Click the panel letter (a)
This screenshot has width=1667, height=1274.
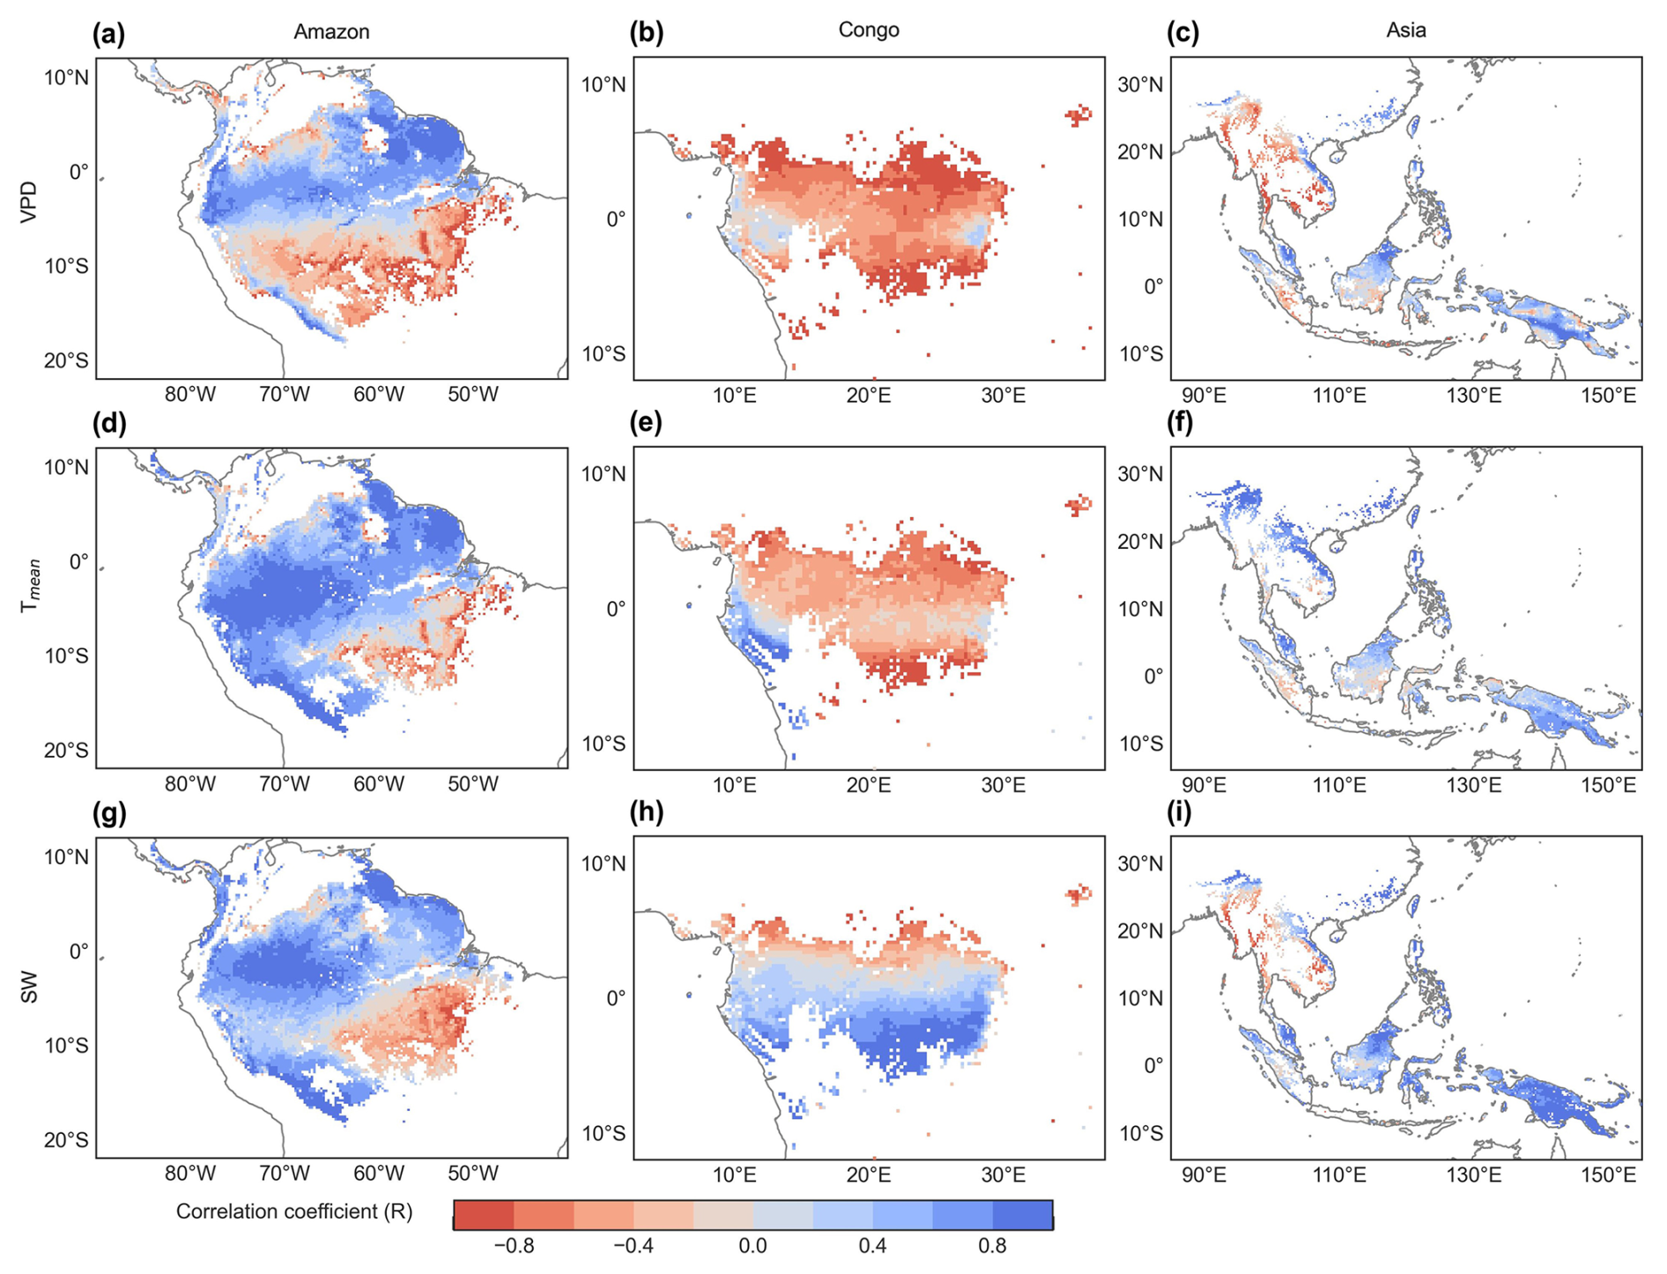[x=108, y=34]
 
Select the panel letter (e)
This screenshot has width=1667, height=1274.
[x=646, y=424]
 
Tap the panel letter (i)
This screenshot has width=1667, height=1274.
[x=1179, y=812]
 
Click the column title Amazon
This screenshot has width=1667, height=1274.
[x=331, y=32]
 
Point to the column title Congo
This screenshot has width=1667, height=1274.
[x=869, y=30]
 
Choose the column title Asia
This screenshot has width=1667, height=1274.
[x=1406, y=30]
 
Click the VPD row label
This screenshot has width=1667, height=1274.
[x=29, y=201]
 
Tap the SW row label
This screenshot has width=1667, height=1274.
[x=29, y=986]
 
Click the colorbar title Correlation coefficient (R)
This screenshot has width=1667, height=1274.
[x=294, y=1211]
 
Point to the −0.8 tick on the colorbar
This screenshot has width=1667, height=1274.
[x=514, y=1247]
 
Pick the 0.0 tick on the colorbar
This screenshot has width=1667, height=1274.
[x=752, y=1247]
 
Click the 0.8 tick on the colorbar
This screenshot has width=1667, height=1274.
[x=992, y=1247]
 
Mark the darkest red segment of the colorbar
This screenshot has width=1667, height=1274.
[x=484, y=1215]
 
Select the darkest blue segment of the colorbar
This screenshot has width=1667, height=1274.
[x=1022, y=1215]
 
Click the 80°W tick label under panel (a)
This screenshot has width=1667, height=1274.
[x=190, y=395]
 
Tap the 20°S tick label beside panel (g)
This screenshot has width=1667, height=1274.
[x=66, y=1140]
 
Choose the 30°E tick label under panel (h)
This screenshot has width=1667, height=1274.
[x=1004, y=1175]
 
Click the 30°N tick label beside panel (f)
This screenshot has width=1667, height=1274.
[x=1141, y=474]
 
